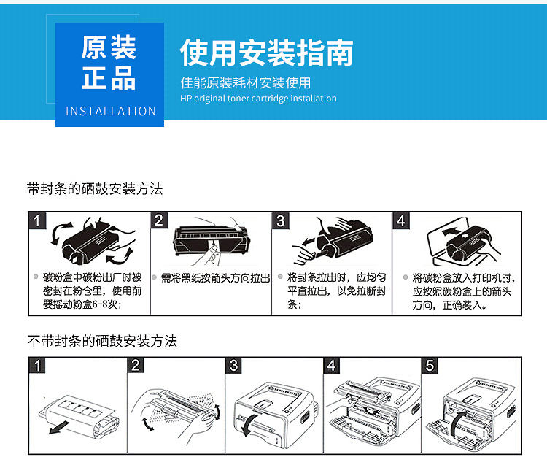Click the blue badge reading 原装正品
(x=109, y=64)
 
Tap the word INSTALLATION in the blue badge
(x=111, y=112)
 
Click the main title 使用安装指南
(x=266, y=53)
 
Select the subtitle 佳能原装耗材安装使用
(x=246, y=82)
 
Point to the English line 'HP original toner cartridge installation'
(x=258, y=99)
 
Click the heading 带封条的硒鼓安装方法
(x=94, y=189)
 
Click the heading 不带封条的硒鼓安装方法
(x=101, y=341)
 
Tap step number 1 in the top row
(x=39, y=220)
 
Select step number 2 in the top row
(x=160, y=220)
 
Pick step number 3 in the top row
(x=282, y=220)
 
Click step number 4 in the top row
(x=402, y=220)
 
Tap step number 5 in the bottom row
(x=430, y=366)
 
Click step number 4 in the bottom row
(x=332, y=366)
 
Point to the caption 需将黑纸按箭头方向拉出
(x=215, y=278)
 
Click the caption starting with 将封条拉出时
(x=336, y=291)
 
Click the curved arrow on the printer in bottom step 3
(x=250, y=423)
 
